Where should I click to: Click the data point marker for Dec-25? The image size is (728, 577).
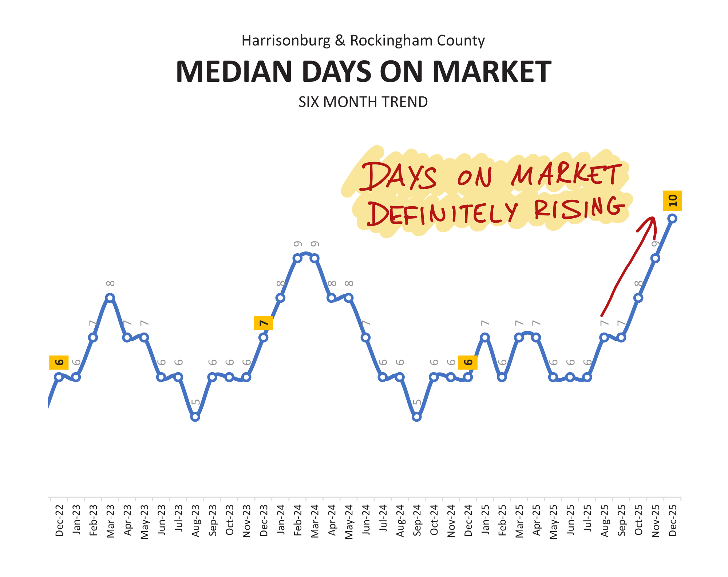(x=672, y=218)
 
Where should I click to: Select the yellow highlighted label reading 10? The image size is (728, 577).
(x=672, y=200)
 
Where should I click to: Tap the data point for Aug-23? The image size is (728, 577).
(x=195, y=417)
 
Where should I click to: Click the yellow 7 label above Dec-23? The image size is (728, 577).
(x=263, y=323)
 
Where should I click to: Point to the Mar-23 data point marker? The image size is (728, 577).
(x=110, y=298)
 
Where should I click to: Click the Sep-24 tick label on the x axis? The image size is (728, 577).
(x=417, y=520)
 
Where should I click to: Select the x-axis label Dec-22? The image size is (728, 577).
(x=59, y=520)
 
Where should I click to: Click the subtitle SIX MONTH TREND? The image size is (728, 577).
(x=363, y=102)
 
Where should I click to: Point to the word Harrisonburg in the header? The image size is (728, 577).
(x=286, y=40)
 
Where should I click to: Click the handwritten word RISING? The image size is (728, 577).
(x=579, y=208)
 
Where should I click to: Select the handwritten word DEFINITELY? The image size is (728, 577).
(x=442, y=213)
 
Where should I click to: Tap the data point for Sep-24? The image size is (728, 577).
(x=417, y=417)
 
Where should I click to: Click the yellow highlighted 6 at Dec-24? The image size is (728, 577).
(x=468, y=362)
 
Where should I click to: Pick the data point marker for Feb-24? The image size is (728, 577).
(x=297, y=258)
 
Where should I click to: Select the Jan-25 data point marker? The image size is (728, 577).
(x=485, y=337)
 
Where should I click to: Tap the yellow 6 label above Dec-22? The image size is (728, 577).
(x=59, y=362)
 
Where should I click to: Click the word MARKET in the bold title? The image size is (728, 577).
(x=492, y=72)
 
